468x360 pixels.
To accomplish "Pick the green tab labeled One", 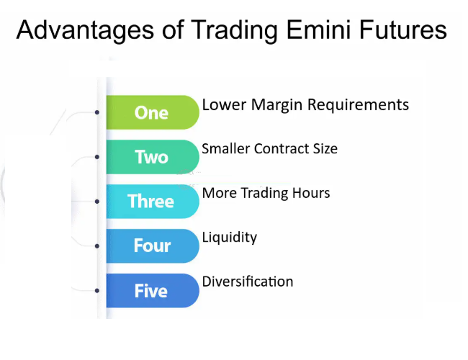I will pos(152,112).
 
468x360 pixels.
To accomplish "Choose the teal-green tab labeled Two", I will pos(152,157).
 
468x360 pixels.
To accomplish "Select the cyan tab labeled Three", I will pos(151,202).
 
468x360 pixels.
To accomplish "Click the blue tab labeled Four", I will pos(152,246).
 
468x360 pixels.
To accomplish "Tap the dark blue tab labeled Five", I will pos(152,291).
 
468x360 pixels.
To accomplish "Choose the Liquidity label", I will pos(229,238).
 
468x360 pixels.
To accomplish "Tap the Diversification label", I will pos(247,281).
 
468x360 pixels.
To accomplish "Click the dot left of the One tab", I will pos(97,112).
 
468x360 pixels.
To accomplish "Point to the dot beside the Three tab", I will pos(97,202).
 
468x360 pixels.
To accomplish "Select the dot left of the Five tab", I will pos(97,291).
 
